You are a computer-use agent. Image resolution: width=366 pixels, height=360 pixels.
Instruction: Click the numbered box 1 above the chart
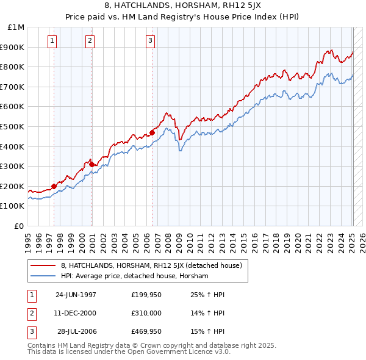[x=52, y=41]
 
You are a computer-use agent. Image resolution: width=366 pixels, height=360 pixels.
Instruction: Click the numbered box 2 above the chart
[x=90, y=41]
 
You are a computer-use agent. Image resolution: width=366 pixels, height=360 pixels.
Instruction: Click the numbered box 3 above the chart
[x=149, y=41]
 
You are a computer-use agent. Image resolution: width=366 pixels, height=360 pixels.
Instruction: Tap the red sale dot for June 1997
[x=54, y=186]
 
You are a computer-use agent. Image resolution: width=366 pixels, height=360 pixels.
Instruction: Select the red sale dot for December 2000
[x=91, y=164]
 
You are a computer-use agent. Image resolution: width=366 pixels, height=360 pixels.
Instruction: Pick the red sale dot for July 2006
[x=152, y=132]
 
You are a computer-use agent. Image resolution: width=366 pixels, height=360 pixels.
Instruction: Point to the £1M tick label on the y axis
[x=17, y=27]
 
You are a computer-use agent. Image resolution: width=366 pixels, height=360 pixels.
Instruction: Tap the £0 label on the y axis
[x=20, y=226]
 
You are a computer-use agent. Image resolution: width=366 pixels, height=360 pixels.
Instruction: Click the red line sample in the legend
[x=43, y=265]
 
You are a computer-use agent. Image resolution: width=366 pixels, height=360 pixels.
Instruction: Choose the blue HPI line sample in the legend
[x=43, y=276]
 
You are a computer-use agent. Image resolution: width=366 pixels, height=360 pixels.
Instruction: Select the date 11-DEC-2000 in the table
[x=76, y=313]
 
